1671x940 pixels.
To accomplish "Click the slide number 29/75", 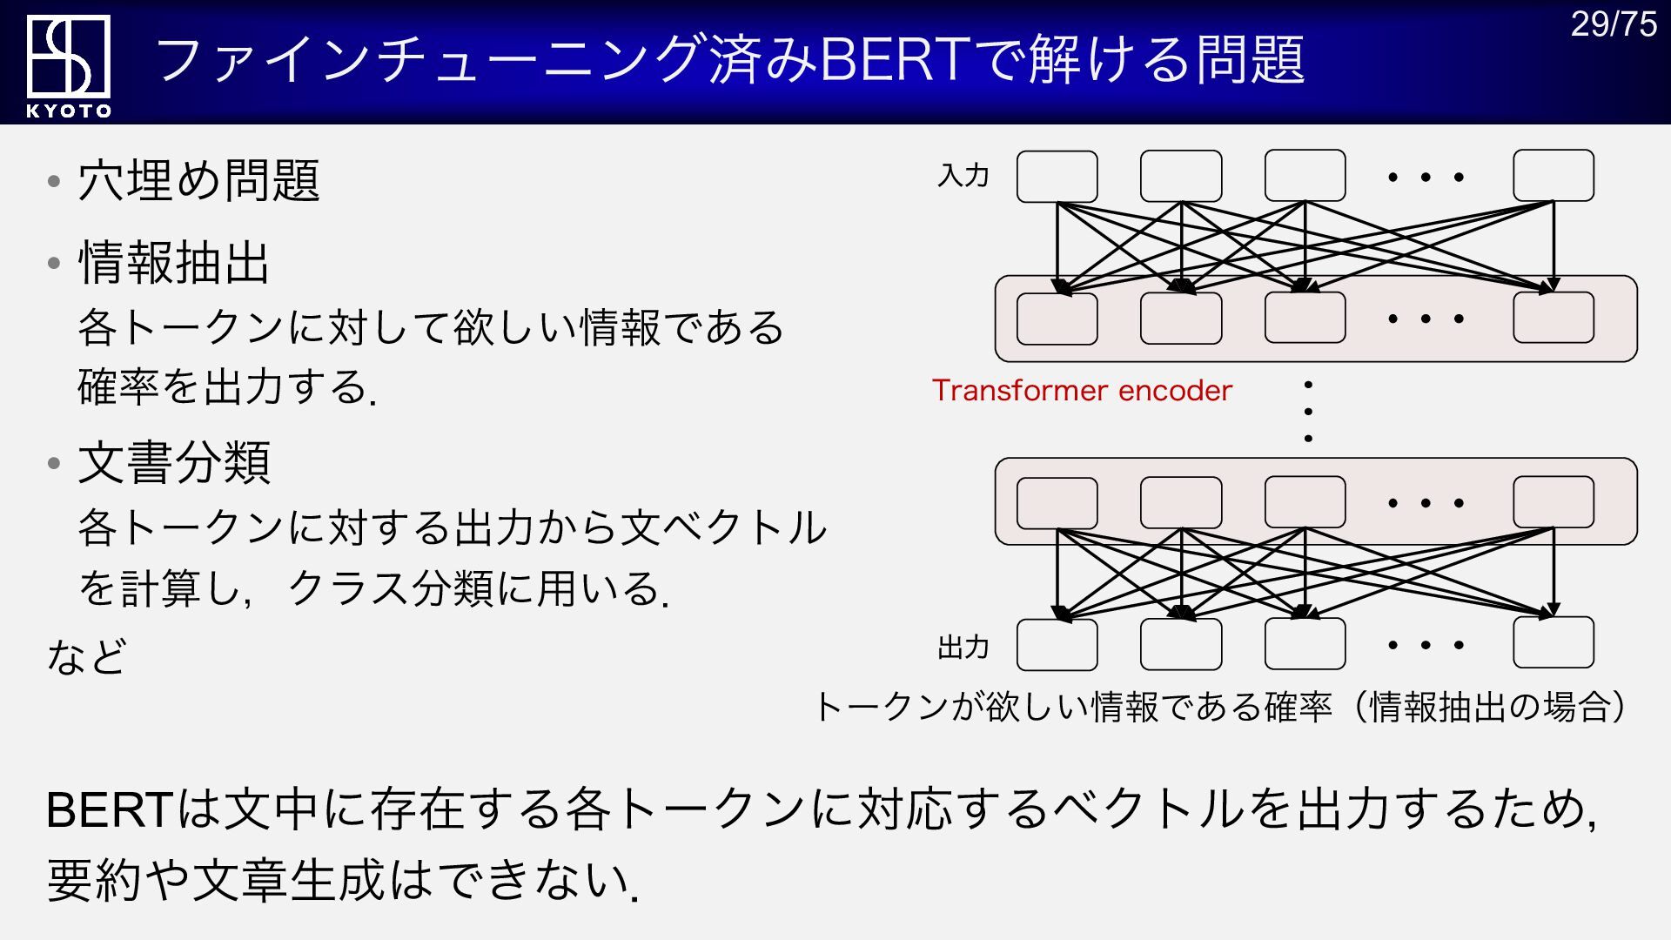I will click(x=1613, y=24).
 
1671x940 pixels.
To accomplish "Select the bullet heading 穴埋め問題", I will click(x=198, y=181).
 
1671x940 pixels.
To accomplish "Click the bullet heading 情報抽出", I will click(x=174, y=263).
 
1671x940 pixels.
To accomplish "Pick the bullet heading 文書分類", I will click(x=174, y=462).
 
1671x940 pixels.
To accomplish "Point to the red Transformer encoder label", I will click(x=1082, y=391).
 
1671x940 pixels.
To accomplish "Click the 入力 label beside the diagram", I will click(x=963, y=176).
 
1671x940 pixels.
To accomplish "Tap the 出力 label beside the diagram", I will click(x=963, y=647).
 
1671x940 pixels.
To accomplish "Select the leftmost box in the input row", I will click(x=1057, y=177).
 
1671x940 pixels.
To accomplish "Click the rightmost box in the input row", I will click(x=1554, y=176).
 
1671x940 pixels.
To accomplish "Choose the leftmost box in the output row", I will click(x=1057, y=645).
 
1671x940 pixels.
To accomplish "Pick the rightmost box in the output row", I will click(x=1554, y=643).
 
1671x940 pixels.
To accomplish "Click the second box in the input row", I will click(x=1181, y=177).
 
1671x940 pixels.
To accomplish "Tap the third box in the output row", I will click(x=1305, y=644).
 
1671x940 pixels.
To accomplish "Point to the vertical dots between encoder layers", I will click(x=1308, y=411).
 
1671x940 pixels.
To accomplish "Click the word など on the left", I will click(x=87, y=656).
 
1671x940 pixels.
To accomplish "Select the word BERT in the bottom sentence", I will click(x=110, y=809).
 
